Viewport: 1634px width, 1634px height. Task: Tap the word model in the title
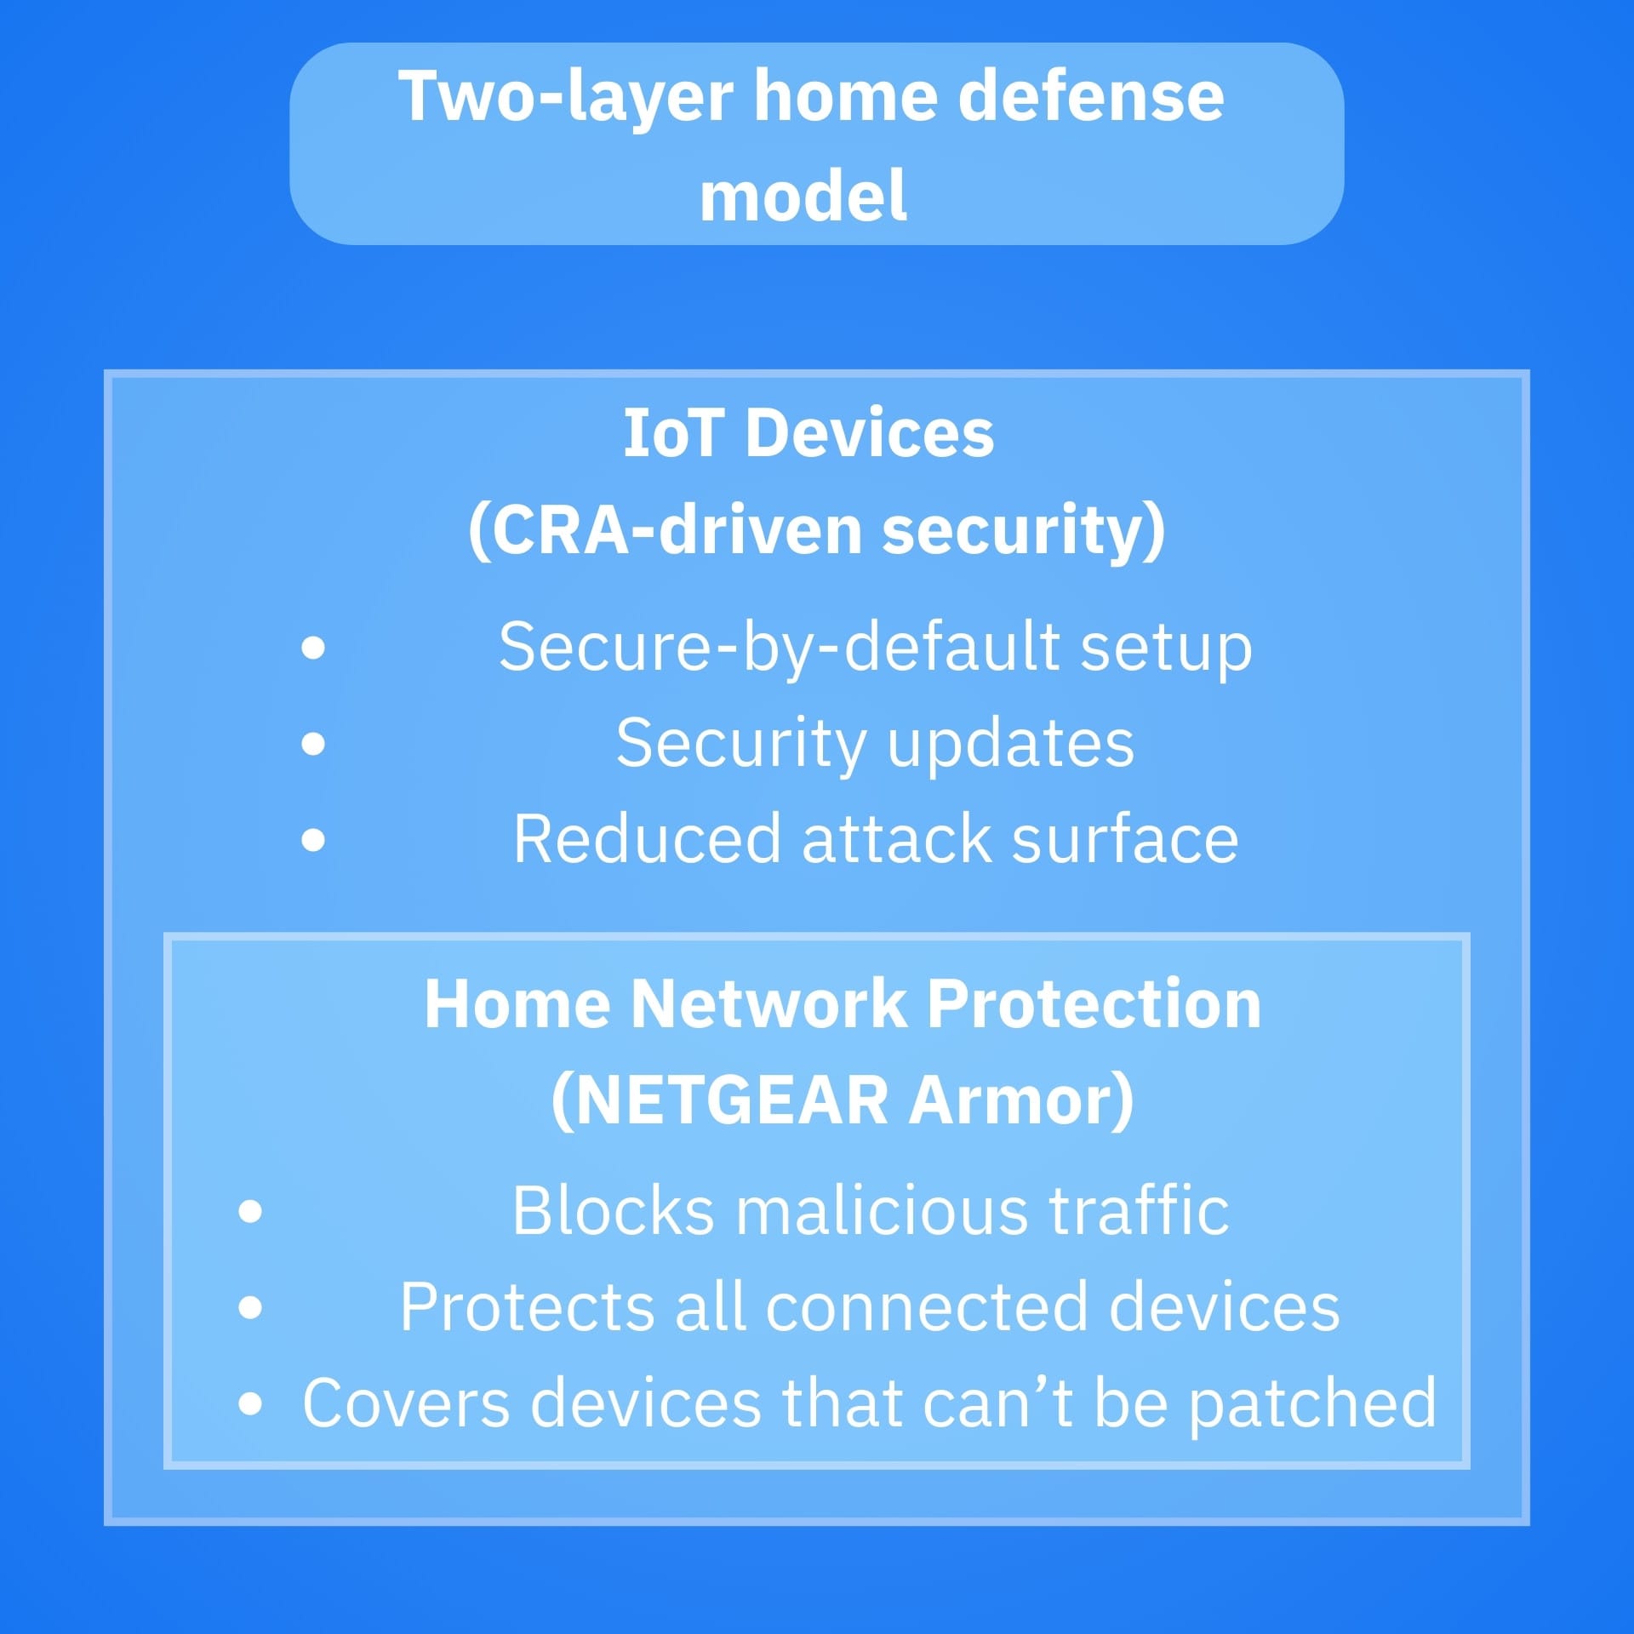803,196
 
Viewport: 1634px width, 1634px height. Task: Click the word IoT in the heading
671,433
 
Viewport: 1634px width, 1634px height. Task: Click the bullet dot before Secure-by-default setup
313,648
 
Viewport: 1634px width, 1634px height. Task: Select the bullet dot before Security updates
313,744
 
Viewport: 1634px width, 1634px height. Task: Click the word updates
1010,744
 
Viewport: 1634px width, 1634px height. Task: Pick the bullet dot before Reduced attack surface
313,840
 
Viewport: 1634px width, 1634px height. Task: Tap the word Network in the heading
768,1004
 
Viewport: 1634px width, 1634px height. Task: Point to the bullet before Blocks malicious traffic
250,1210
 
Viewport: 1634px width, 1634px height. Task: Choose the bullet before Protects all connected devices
250,1306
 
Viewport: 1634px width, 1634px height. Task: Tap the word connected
927,1307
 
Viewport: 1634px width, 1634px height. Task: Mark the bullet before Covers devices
250,1403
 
